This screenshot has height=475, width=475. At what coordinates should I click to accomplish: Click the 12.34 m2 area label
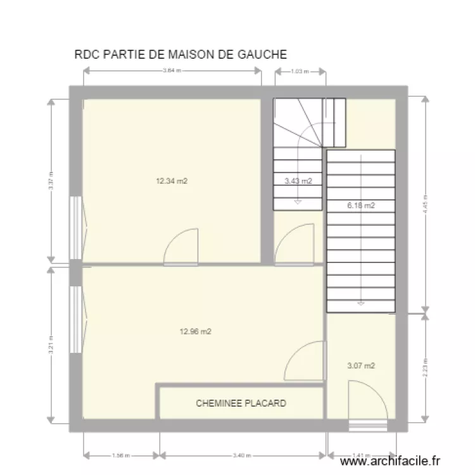coord(172,181)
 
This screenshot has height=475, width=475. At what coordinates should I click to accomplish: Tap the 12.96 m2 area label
coord(195,331)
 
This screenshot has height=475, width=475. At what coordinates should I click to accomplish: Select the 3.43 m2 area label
coord(298,181)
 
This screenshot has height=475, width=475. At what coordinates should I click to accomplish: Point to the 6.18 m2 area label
coord(360,205)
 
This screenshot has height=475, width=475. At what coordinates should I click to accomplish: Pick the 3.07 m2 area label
coord(361,365)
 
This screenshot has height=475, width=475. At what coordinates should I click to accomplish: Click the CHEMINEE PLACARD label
coord(241,403)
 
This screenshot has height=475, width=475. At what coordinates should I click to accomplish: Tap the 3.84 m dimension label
coord(172,72)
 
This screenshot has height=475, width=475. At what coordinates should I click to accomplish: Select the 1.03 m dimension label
coord(300,72)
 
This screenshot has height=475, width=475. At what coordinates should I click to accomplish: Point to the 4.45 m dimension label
coord(426,204)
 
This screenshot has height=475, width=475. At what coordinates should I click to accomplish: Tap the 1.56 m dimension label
coord(120,455)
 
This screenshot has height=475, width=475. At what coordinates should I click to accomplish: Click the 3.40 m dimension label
coord(243,455)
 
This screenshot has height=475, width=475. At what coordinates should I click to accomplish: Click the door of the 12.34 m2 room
coord(182,248)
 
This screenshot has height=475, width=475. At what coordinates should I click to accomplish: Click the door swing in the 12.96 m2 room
coord(305,361)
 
